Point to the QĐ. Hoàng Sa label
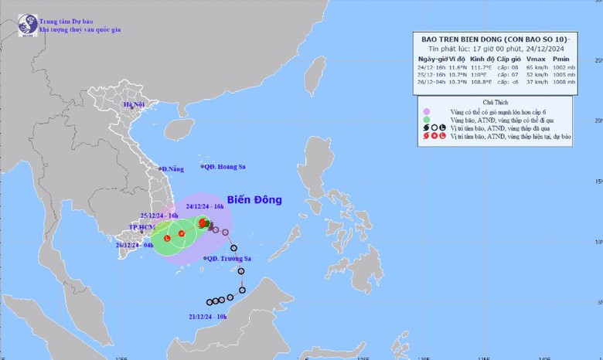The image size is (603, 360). (x=223, y=167)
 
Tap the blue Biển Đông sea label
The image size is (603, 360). (x=254, y=200)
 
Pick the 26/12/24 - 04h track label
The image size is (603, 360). (x=135, y=245)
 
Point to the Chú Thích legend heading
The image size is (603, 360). (x=495, y=101)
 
